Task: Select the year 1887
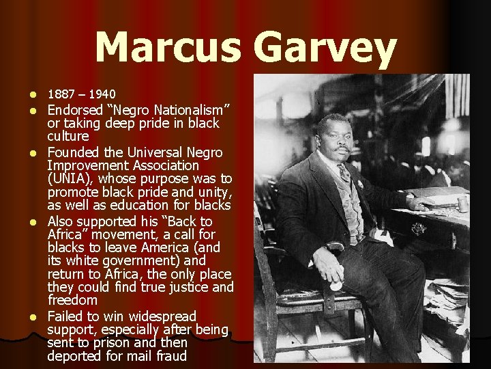61,94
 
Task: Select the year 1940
102,94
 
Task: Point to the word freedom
73,300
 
